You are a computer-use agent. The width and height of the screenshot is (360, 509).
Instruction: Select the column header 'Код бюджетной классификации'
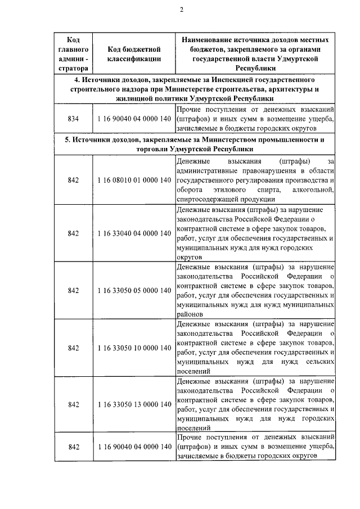point(134,53)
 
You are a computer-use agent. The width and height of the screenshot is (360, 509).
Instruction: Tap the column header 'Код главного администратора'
point(73,53)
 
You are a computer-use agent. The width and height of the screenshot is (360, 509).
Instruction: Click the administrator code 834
point(73,119)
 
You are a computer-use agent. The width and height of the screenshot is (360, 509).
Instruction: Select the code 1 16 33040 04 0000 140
point(134,233)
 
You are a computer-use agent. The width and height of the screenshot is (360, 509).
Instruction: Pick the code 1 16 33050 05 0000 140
point(134,290)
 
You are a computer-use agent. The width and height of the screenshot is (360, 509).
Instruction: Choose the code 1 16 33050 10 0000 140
point(134,348)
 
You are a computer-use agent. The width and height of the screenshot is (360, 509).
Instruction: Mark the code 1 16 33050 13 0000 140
point(134,404)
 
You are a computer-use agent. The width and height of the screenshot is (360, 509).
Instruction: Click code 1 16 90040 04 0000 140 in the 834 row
point(134,119)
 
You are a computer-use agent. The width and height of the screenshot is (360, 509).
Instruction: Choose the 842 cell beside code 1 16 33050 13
point(73,404)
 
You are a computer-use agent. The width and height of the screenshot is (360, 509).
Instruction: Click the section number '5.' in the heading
point(67,139)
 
